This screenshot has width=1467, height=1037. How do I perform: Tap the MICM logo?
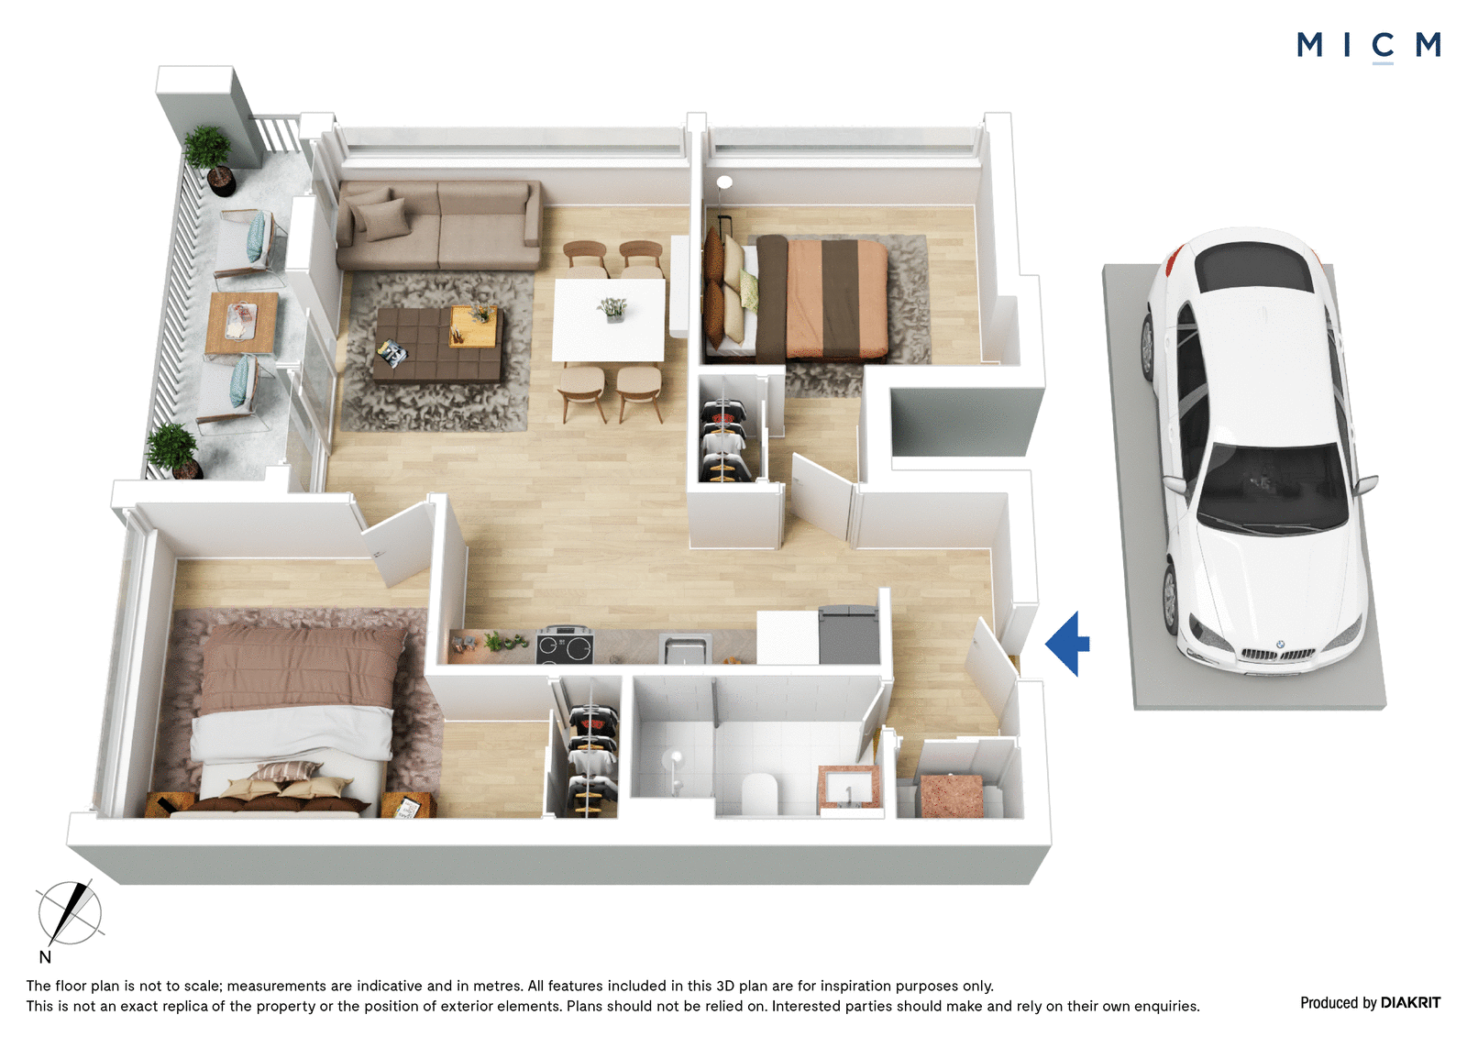pos(1369,47)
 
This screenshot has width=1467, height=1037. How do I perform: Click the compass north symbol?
pos(70,912)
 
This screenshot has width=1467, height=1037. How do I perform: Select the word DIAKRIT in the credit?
pos(1411,1003)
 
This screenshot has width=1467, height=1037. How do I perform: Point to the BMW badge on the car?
pos(1280,644)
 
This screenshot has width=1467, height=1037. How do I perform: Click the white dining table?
pos(609,320)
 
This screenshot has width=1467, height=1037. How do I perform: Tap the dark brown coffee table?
pos(436,345)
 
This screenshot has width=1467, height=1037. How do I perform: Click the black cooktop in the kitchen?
pos(565,645)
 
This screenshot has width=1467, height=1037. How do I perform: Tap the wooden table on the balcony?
pos(241,323)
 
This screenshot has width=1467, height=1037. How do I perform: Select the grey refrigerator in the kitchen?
pos(849,635)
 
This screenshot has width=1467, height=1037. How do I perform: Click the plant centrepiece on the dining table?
pos(612,309)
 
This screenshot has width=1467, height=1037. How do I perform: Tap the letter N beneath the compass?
pos(45,957)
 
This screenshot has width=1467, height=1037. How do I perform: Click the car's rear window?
pos(1253,270)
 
